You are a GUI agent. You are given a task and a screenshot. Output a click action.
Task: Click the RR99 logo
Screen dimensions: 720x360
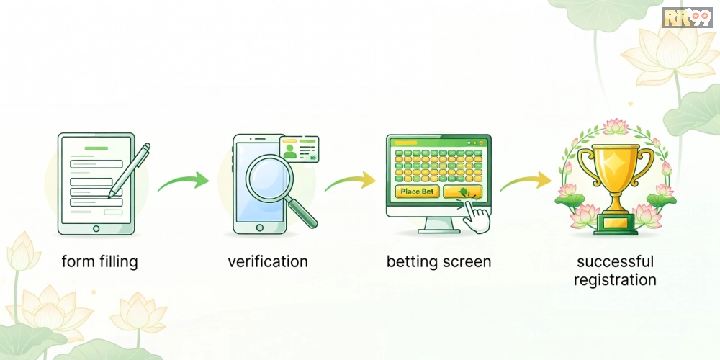(x=687, y=17)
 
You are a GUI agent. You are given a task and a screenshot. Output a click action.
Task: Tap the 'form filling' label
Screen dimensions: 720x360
(x=99, y=262)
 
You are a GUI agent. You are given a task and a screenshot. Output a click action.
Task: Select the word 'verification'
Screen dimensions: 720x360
(x=268, y=262)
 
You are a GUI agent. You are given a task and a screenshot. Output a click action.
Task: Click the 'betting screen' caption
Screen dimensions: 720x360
(x=438, y=262)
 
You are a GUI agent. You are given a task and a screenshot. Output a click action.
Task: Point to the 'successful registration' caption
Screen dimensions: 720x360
(x=615, y=271)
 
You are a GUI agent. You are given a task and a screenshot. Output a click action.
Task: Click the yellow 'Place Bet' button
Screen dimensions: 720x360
(x=418, y=192)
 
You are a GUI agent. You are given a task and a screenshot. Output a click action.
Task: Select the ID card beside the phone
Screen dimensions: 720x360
(x=300, y=149)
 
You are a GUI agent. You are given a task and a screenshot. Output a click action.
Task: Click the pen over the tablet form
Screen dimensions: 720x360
(x=130, y=171)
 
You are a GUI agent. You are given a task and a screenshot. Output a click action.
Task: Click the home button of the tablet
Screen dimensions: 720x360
(x=96, y=228)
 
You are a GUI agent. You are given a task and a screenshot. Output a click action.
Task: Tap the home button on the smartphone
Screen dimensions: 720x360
(x=259, y=228)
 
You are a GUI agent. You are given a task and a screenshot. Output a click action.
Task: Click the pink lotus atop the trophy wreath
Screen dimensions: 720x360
(x=616, y=126)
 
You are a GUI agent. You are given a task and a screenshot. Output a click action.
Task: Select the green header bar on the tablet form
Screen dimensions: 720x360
(x=96, y=148)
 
